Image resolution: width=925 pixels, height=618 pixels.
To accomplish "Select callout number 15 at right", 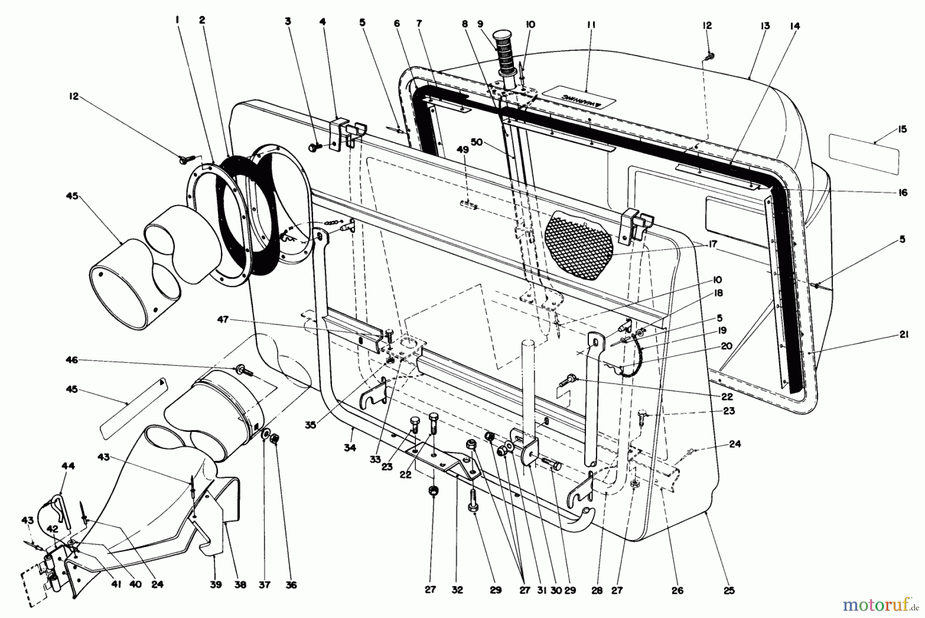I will click(x=903, y=129).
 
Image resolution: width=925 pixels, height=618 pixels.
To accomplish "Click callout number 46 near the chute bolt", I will click(x=72, y=360).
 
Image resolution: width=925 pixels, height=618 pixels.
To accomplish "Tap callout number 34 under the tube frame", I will click(x=350, y=448).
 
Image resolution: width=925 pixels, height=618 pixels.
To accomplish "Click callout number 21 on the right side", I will click(x=904, y=335).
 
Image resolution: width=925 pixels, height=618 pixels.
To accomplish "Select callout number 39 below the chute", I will click(x=216, y=585).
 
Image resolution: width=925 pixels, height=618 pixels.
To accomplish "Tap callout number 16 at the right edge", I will click(x=903, y=192).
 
